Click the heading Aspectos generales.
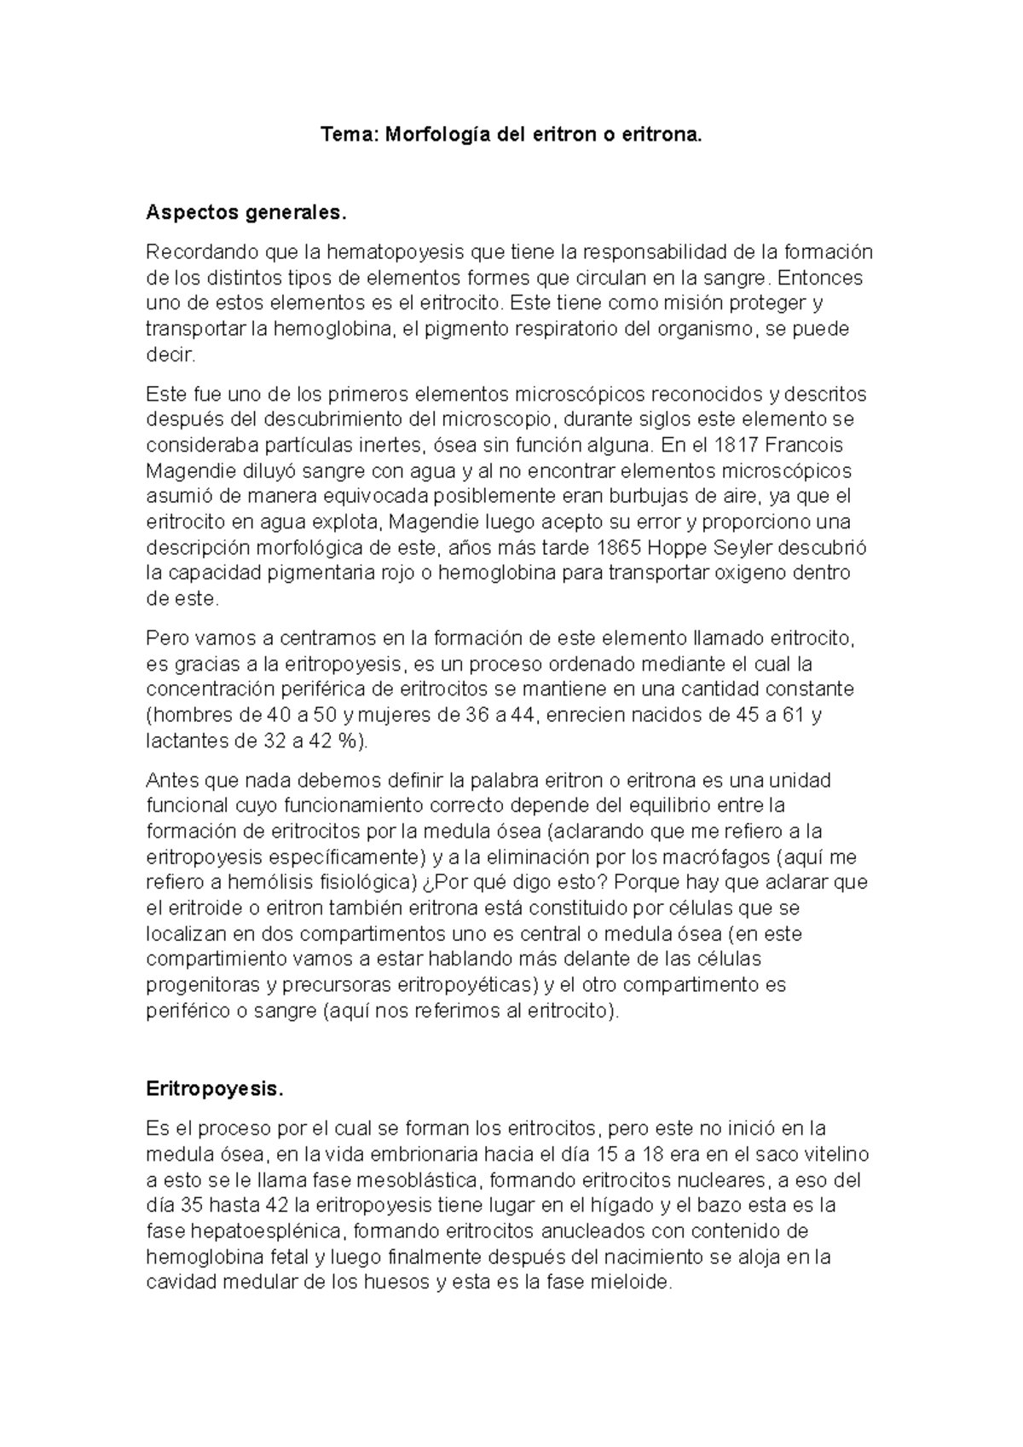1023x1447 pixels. click(247, 212)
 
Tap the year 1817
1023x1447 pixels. click(735, 445)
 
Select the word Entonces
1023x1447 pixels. click(825, 278)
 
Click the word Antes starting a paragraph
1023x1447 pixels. click(171, 781)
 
